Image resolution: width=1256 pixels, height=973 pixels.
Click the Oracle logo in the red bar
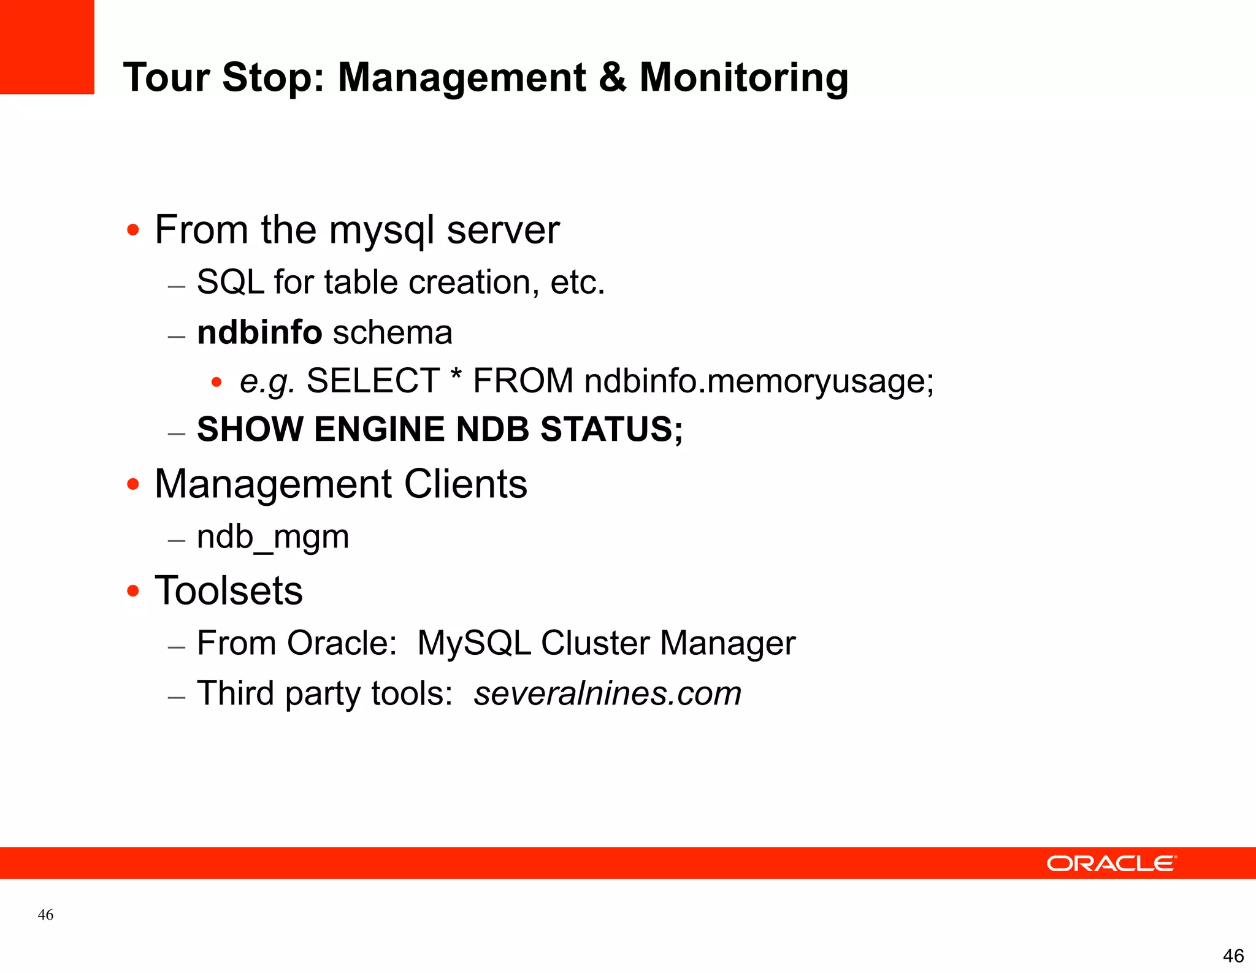point(1111,863)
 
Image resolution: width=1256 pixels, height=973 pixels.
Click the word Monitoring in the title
point(743,78)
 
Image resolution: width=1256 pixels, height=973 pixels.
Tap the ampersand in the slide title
point(611,78)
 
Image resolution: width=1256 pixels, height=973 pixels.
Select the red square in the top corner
point(47,47)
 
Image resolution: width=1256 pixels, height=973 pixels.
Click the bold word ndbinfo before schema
point(259,333)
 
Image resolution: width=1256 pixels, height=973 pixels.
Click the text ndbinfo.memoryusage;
point(759,381)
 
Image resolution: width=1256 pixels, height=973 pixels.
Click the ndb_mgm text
point(273,538)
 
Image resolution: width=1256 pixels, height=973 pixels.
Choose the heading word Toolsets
point(229,591)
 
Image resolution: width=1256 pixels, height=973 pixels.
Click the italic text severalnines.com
point(607,694)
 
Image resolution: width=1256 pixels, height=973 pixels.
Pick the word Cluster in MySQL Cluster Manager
point(595,644)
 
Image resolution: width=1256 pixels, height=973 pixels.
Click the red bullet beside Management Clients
point(133,485)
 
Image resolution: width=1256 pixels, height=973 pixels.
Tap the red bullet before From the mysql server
point(133,231)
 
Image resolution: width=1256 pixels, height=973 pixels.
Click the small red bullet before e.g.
point(216,383)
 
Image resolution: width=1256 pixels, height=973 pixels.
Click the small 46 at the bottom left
point(45,915)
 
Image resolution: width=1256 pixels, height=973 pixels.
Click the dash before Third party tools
point(177,698)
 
